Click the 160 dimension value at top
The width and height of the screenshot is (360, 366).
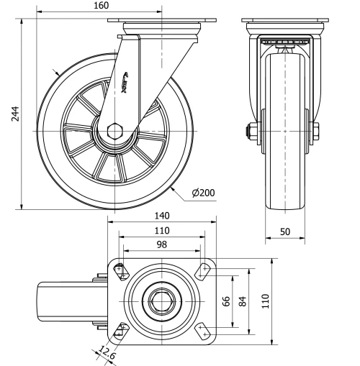click(101, 6)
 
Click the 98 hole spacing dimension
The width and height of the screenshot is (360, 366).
click(162, 245)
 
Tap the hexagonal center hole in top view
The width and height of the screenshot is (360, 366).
click(162, 299)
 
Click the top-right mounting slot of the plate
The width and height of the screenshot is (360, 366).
click(204, 271)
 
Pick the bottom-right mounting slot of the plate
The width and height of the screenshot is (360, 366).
click(204, 329)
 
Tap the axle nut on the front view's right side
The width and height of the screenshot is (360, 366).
click(315, 131)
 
